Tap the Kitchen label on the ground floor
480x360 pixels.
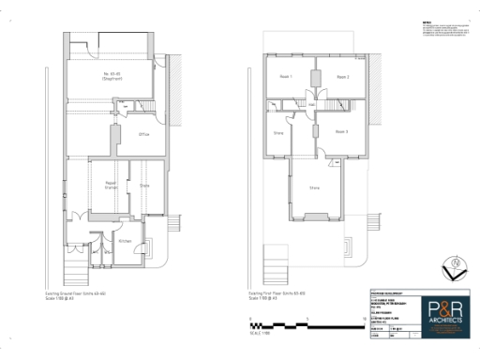(125, 241)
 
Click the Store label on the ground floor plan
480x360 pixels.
(144, 186)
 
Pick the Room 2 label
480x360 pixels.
(342, 77)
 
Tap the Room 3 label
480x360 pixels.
(341, 131)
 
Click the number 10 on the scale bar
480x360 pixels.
(363, 319)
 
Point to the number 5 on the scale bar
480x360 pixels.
(307, 319)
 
